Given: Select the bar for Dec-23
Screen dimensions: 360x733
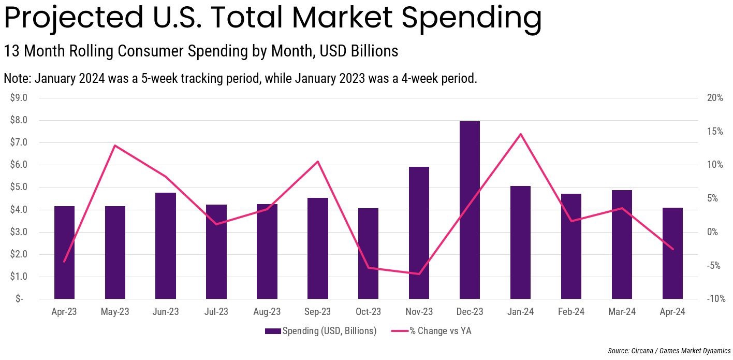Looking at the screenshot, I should pyautogui.click(x=470, y=210).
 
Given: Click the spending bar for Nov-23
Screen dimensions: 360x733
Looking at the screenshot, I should pyautogui.click(x=419, y=233).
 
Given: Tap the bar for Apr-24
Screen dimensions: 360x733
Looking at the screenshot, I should pyautogui.click(x=672, y=253).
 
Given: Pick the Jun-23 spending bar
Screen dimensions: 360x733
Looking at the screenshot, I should pyautogui.click(x=166, y=246).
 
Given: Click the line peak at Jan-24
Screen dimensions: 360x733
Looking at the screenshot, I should pyautogui.click(x=520, y=134).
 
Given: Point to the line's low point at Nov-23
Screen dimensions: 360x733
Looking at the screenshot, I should pyautogui.click(x=419, y=274).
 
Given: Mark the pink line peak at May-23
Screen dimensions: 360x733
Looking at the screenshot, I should pyautogui.click(x=115, y=146).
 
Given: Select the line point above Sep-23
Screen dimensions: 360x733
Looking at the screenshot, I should pyautogui.click(x=318, y=162).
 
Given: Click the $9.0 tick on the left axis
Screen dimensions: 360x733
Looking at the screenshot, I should pyautogui.click(x=19, y=98).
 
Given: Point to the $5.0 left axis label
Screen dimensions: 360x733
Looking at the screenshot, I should pyautogui.click(x=19, y=187).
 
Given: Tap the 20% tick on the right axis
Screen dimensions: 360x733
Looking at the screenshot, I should pyautogui.click(x=715, y=98).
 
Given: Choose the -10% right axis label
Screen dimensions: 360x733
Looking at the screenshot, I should pyautogui.click(x=714, y=299).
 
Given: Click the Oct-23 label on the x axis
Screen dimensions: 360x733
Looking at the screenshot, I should pyautogui.click(x=368, y=312).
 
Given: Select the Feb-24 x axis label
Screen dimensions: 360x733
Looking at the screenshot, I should pyautogui.click(x=571, y=312).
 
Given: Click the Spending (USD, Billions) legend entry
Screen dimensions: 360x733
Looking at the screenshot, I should pyautogui.click(x=321, y=331).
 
